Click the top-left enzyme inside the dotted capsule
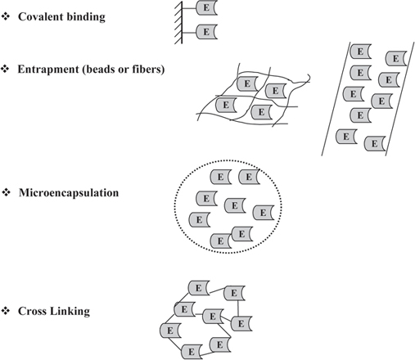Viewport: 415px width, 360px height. pos(219,177)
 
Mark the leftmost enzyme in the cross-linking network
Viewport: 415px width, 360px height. pos(169,330)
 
